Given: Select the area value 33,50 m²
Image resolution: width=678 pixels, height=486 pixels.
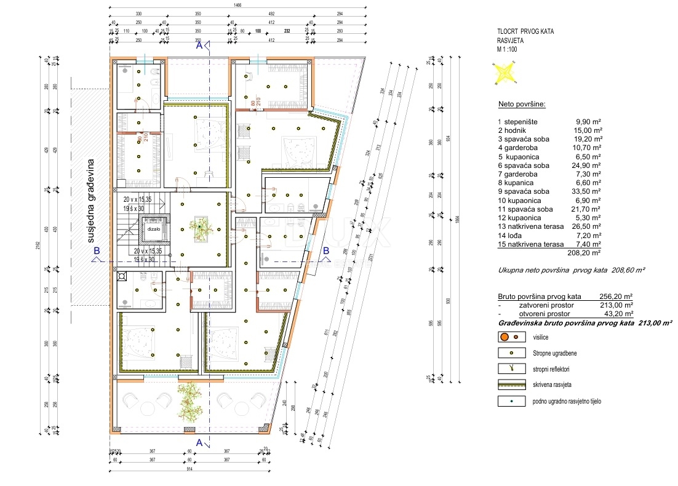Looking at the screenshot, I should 588,191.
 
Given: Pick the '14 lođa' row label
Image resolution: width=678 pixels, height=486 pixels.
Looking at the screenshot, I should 512,235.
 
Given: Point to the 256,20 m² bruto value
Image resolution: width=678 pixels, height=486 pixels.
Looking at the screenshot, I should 616,296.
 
